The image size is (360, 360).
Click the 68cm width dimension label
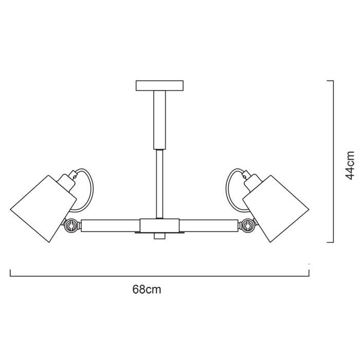click(146, 290)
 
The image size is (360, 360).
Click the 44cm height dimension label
click(350, 164)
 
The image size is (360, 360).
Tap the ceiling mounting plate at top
click(159, 85)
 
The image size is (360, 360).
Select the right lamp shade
click(278, 206)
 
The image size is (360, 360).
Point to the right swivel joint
click(249, 225)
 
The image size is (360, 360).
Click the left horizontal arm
click(111, 225)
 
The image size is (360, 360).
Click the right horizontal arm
click(210, 225)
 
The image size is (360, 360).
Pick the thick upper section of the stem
click(159, 118)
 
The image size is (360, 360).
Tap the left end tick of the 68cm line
click(11, 273)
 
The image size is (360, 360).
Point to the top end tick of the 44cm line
click(331, 81)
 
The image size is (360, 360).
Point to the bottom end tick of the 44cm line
click(331, 242)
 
